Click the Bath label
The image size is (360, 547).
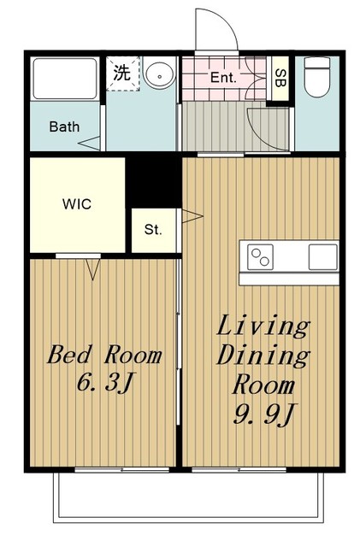[64, 126]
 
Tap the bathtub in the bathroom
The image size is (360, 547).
[65, 79]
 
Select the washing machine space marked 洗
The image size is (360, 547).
[123, 74]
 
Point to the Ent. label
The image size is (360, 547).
[223, 77]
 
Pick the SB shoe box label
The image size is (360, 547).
[280, 78]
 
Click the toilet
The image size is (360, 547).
[317, 77]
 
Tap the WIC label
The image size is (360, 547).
[77, 204]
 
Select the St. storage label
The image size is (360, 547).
[153, 230]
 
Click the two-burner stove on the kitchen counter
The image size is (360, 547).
[260, 257]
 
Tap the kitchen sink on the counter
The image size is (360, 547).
[323, 257]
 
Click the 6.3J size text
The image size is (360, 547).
[105, 382]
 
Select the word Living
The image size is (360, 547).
[263, 326]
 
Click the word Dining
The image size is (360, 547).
[263, 356]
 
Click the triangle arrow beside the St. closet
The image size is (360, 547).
[192, 216]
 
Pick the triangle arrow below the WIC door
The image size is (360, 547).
[93, 269]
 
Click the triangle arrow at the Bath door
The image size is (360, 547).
[89, 144]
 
